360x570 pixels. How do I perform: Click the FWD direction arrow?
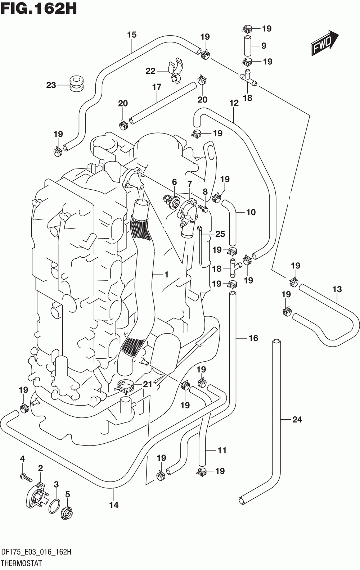[x=324, y=42]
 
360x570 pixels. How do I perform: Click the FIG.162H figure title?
[x=39, y=9]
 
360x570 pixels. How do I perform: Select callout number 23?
[x=51, y=85]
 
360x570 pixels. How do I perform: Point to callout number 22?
[x=150, y=71]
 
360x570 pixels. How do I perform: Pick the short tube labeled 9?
[x=248, y=46]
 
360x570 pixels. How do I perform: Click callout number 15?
[x=132, y=35]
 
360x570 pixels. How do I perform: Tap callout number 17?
[x=157, y=87]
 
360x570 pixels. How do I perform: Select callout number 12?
[x=234, y=103]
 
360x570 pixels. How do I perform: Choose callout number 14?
[x=114, y=505]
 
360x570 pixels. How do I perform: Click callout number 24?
[x=297, y=419]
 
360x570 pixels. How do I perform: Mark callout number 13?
[x=337, y=289]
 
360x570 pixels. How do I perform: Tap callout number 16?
[x=253, y=338]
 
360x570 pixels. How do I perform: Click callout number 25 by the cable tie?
[x=220, y=234]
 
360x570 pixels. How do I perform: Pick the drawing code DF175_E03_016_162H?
[x=36, y=552]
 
